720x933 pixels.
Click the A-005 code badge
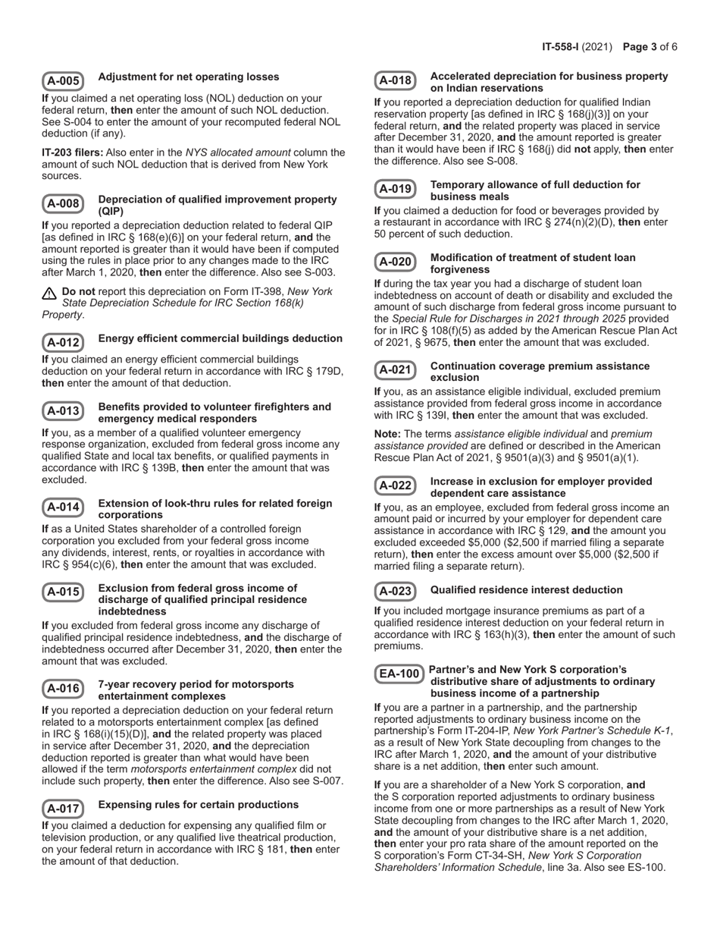coord(63,81)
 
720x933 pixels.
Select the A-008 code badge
coord(63,203)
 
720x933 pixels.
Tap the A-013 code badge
coord(63,411)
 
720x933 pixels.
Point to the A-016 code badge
coord(63,688)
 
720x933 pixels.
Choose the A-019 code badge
coord(395,189)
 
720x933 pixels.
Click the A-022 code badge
coord(395,485)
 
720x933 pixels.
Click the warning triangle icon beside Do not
coord(50,293)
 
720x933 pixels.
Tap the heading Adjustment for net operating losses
coord(189,77)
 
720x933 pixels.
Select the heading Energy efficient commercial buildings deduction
coord(220,338)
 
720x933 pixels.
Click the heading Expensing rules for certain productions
coord(199,804)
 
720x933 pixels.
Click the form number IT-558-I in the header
coord(561,47)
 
